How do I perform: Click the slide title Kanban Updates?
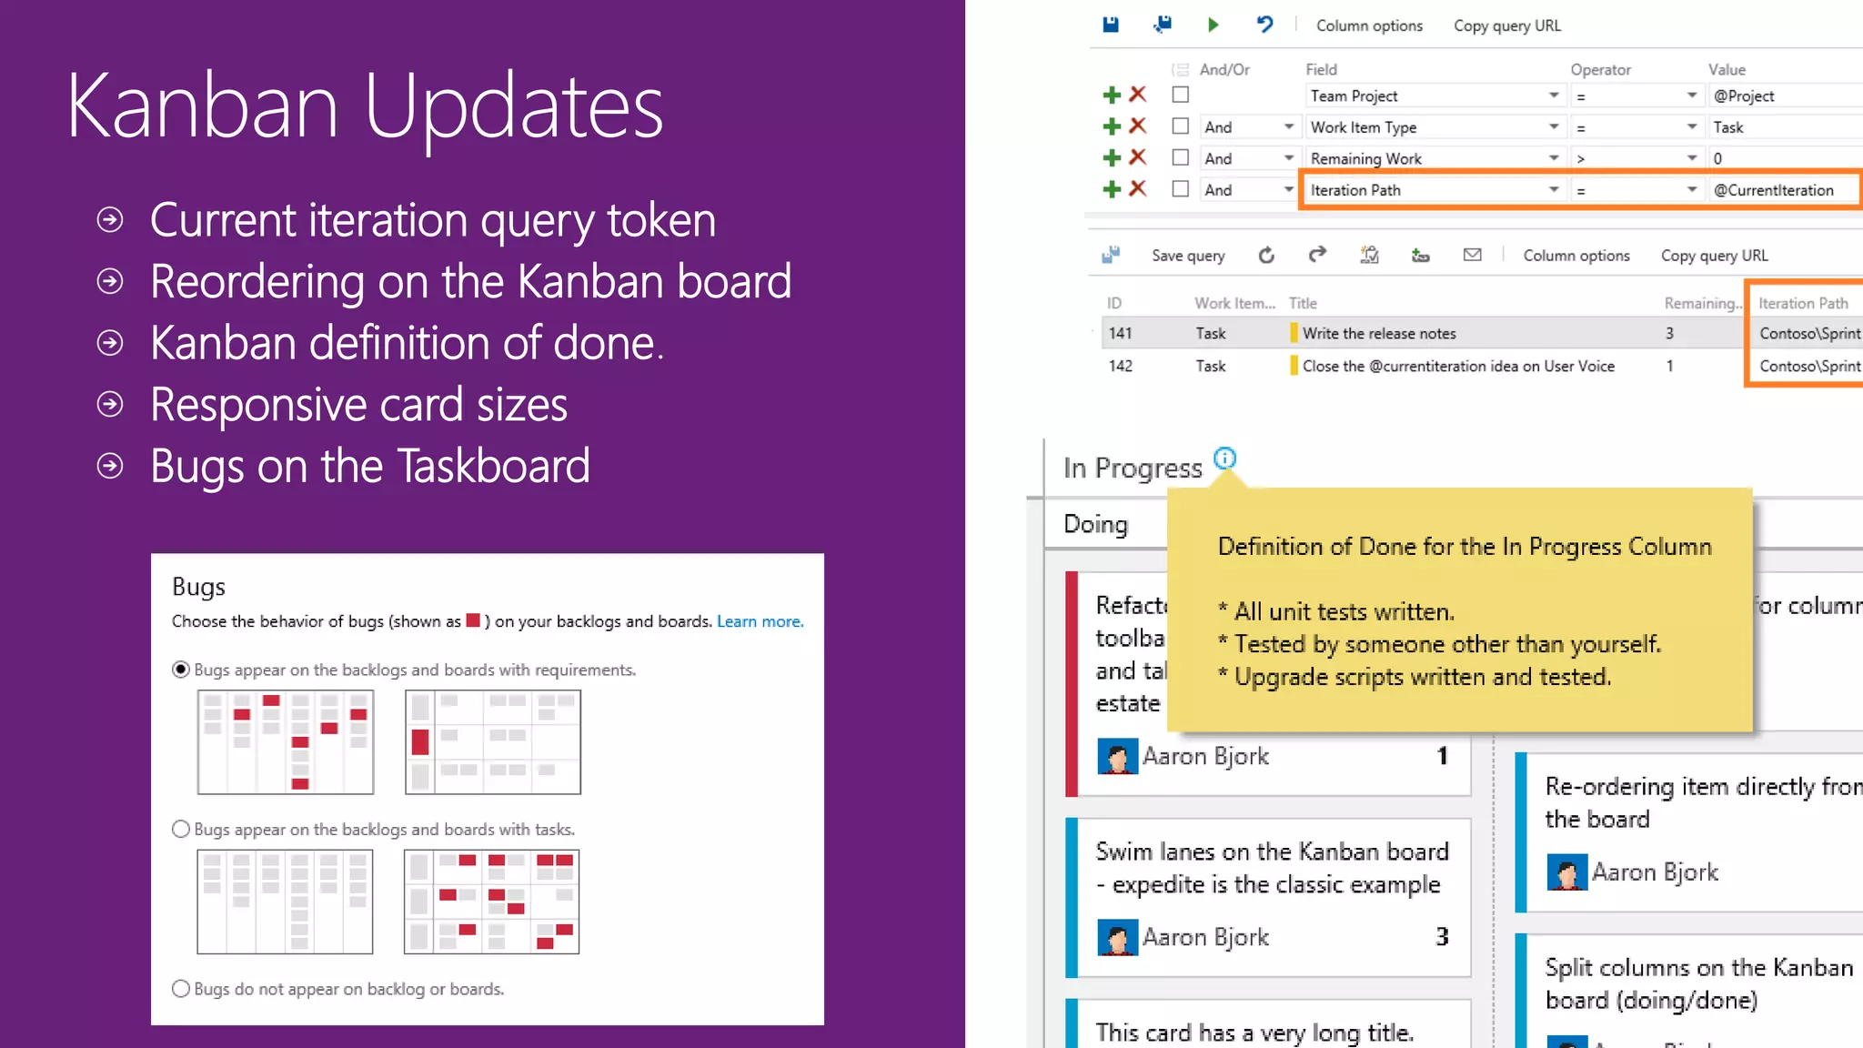click(x=364, y=107)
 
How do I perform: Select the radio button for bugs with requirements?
click(x=181, y=670)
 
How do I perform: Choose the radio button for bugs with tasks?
click(x=181, y=829)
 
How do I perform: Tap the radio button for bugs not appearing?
click(x=181, y=989)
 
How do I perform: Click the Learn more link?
click(x=760, y=621)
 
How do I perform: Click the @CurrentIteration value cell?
click(x=1774, y=190)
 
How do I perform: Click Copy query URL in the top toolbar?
click(x=1506, y=25)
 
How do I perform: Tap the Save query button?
click(x=1187, y=256)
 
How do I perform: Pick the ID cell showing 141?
click(x=1120, y=333)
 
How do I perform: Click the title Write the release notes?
click(x=1378, y=333)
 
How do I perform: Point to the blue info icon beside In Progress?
click(x=1225, y=458)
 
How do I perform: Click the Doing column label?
click(x=1095, y=524)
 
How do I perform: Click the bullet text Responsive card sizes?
click(x=358, y=405)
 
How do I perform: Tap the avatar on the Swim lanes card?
click(x=1117, y=937)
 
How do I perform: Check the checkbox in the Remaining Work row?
click(x=1181, y=157)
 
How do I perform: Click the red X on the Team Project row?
click(x=1137, y=95)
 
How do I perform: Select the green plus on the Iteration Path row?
click(x=1111, y=189)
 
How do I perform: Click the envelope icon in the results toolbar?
click(x=1472, y=255)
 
